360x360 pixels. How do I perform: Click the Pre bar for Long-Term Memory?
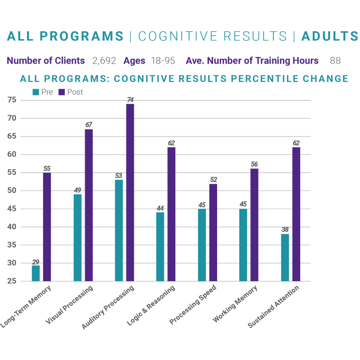click(36, 273)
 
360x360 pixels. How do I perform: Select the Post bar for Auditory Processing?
click(130, 193)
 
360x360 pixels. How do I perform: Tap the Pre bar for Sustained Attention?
click(285, 257)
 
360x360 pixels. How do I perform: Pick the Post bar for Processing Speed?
click(213, 233)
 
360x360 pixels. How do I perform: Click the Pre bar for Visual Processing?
click(77, 238)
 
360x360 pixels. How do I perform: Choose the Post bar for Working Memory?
click(254, 225)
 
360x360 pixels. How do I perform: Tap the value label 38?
click(285, 230)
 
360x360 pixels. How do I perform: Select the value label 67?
click(89, 125)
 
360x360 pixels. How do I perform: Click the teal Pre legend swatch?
click(36, 92)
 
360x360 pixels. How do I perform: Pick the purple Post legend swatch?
click(62, 92)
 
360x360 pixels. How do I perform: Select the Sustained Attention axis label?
click(274, 307)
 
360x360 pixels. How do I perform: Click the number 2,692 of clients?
click(104, 61)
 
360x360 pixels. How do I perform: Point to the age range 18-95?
click(163, 61)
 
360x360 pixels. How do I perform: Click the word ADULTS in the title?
click(329, 36)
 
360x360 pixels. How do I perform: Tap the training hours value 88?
click(335, 61)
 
